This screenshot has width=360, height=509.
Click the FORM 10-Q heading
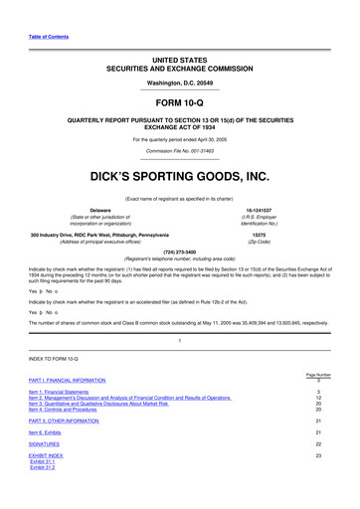pyautogui.click(x=179, y=101)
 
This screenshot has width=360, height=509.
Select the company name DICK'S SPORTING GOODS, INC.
pyautogui.click(x=179, y=177)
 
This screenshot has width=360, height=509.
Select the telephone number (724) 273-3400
pyautogui.click(x=179, y=251)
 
